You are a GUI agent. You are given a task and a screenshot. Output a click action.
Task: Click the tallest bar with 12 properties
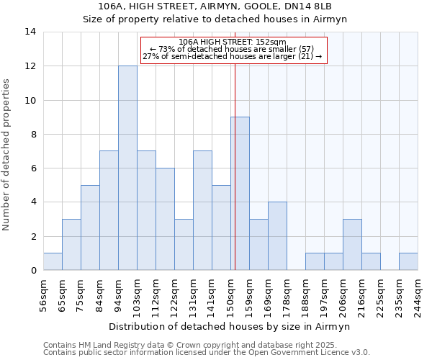[127, 168]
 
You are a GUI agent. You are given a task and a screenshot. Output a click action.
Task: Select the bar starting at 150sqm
[240, 194]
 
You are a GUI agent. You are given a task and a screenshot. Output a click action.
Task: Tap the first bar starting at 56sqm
[53, 261]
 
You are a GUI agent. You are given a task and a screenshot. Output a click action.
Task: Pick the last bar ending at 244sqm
[408, 261]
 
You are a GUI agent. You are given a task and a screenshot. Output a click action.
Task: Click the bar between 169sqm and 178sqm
[277, 236]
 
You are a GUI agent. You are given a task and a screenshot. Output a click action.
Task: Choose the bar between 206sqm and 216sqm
[352, 245]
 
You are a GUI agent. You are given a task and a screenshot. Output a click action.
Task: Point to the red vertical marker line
[235, 166]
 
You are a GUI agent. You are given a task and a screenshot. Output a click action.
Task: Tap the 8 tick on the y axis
[32, 135]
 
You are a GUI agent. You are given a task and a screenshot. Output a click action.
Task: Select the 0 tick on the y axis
[32, 271]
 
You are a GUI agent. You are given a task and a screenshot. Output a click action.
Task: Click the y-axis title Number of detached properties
[7, 155]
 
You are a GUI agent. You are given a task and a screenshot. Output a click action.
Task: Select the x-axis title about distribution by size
[230, 327]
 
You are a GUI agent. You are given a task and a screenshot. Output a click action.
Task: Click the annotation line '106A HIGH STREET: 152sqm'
[232, 42]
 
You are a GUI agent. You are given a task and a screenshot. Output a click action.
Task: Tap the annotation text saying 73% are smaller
[232, 49]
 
